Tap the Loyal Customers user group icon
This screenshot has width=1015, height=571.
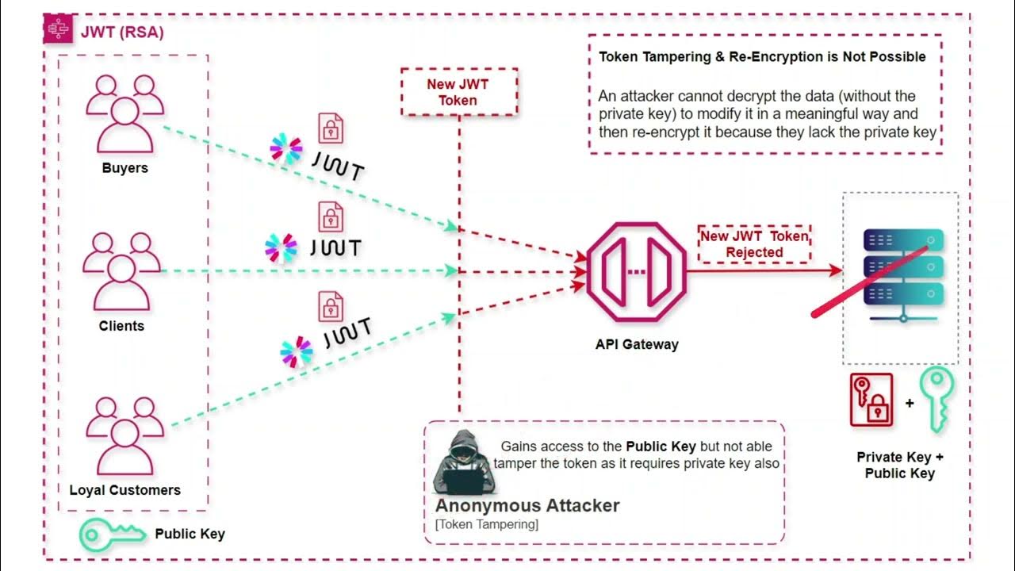point(124,435)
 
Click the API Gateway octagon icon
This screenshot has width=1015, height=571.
point(636,271)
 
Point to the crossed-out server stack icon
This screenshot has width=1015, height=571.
point(902,274)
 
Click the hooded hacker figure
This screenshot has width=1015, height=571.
point(462,463)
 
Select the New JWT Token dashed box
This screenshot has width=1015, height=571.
point(458,92)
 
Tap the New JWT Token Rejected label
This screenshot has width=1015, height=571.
point(754,244)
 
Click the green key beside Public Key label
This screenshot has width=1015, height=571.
point(111,535)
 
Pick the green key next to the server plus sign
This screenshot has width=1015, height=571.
point(936,400)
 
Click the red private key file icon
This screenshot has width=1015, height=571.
point(871,400)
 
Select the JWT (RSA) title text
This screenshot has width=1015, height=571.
point(122,32)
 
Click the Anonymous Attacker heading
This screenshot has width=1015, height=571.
point(527,505)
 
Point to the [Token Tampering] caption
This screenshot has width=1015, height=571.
point(486,524)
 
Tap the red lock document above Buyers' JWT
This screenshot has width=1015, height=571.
point(331,127)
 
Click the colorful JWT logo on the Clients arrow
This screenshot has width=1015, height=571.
point(282,247)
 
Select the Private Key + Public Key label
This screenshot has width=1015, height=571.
point(900,466)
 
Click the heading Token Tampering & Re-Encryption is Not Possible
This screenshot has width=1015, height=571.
point(761,57)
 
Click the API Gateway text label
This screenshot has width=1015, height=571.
point(637,344)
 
